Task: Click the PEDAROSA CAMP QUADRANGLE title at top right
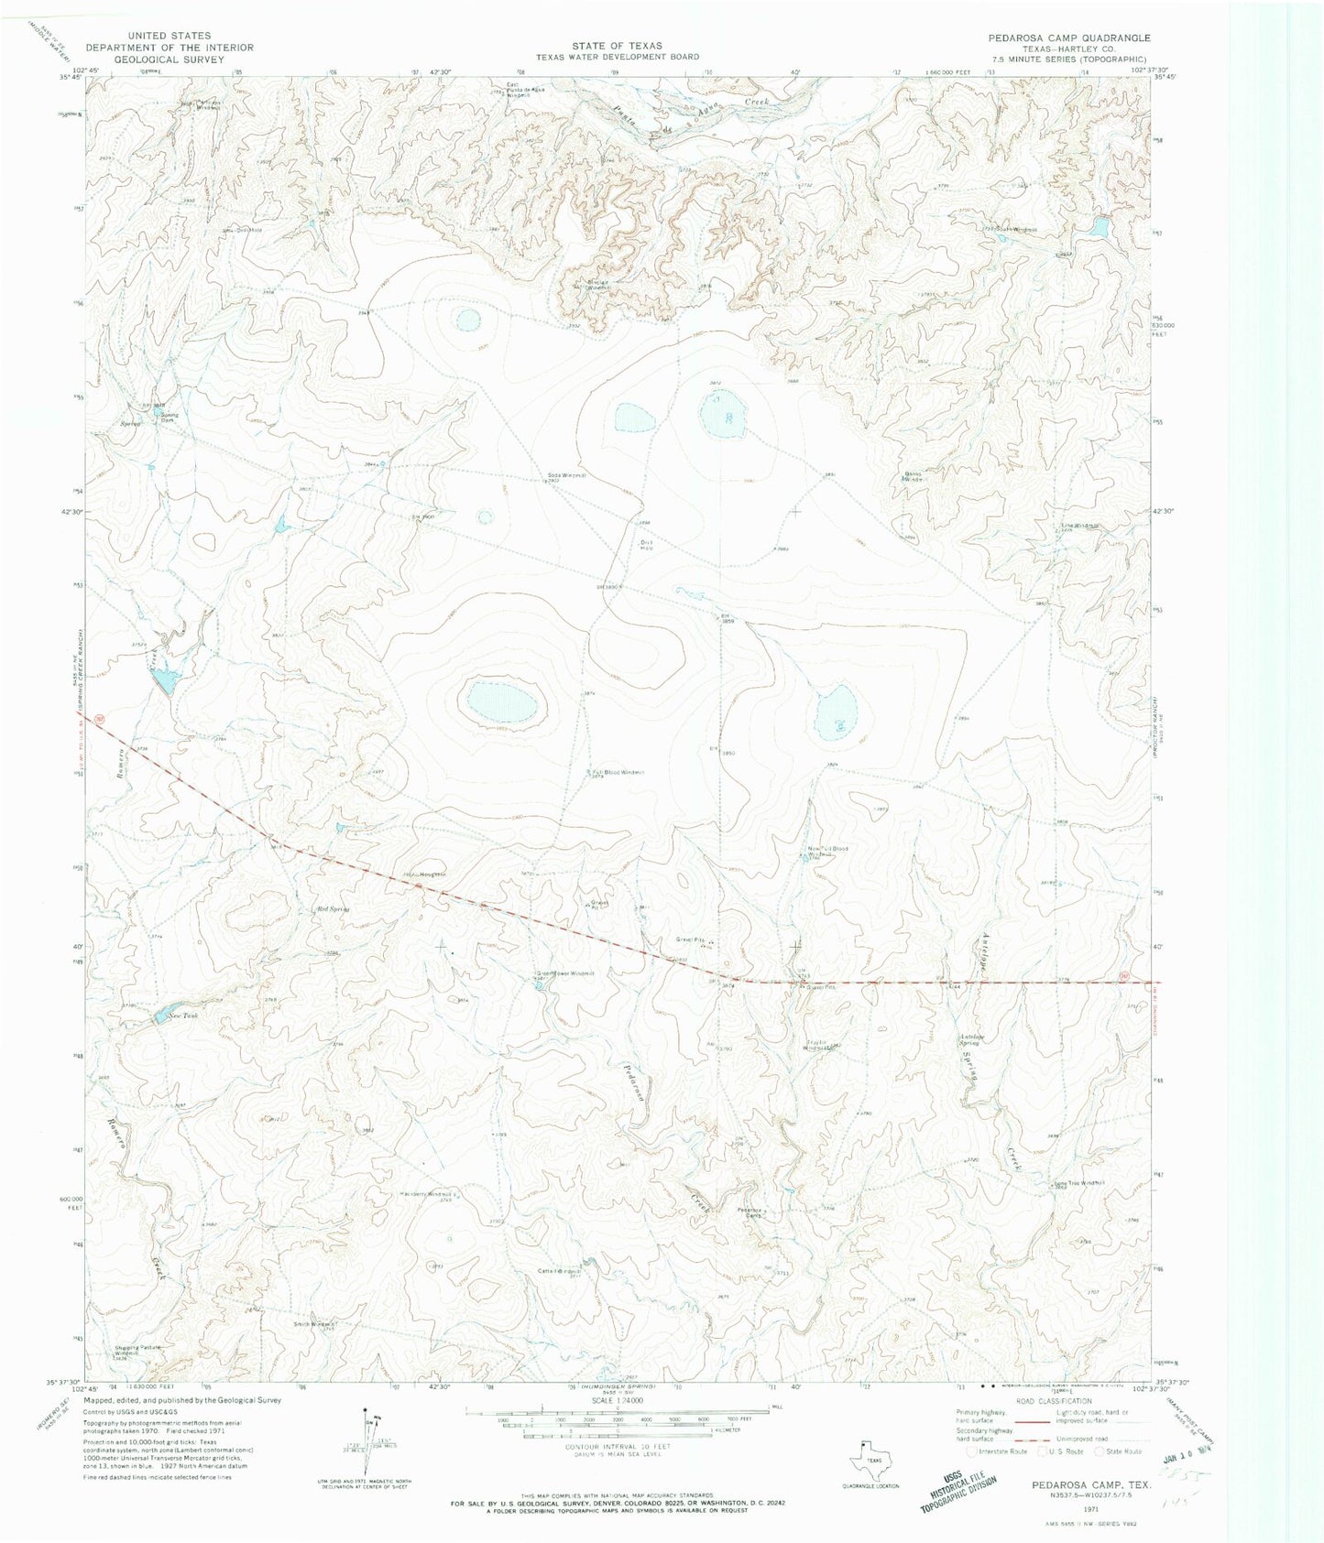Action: click(x=1068, y=38)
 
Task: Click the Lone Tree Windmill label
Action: click(x=1081, y=1182)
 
